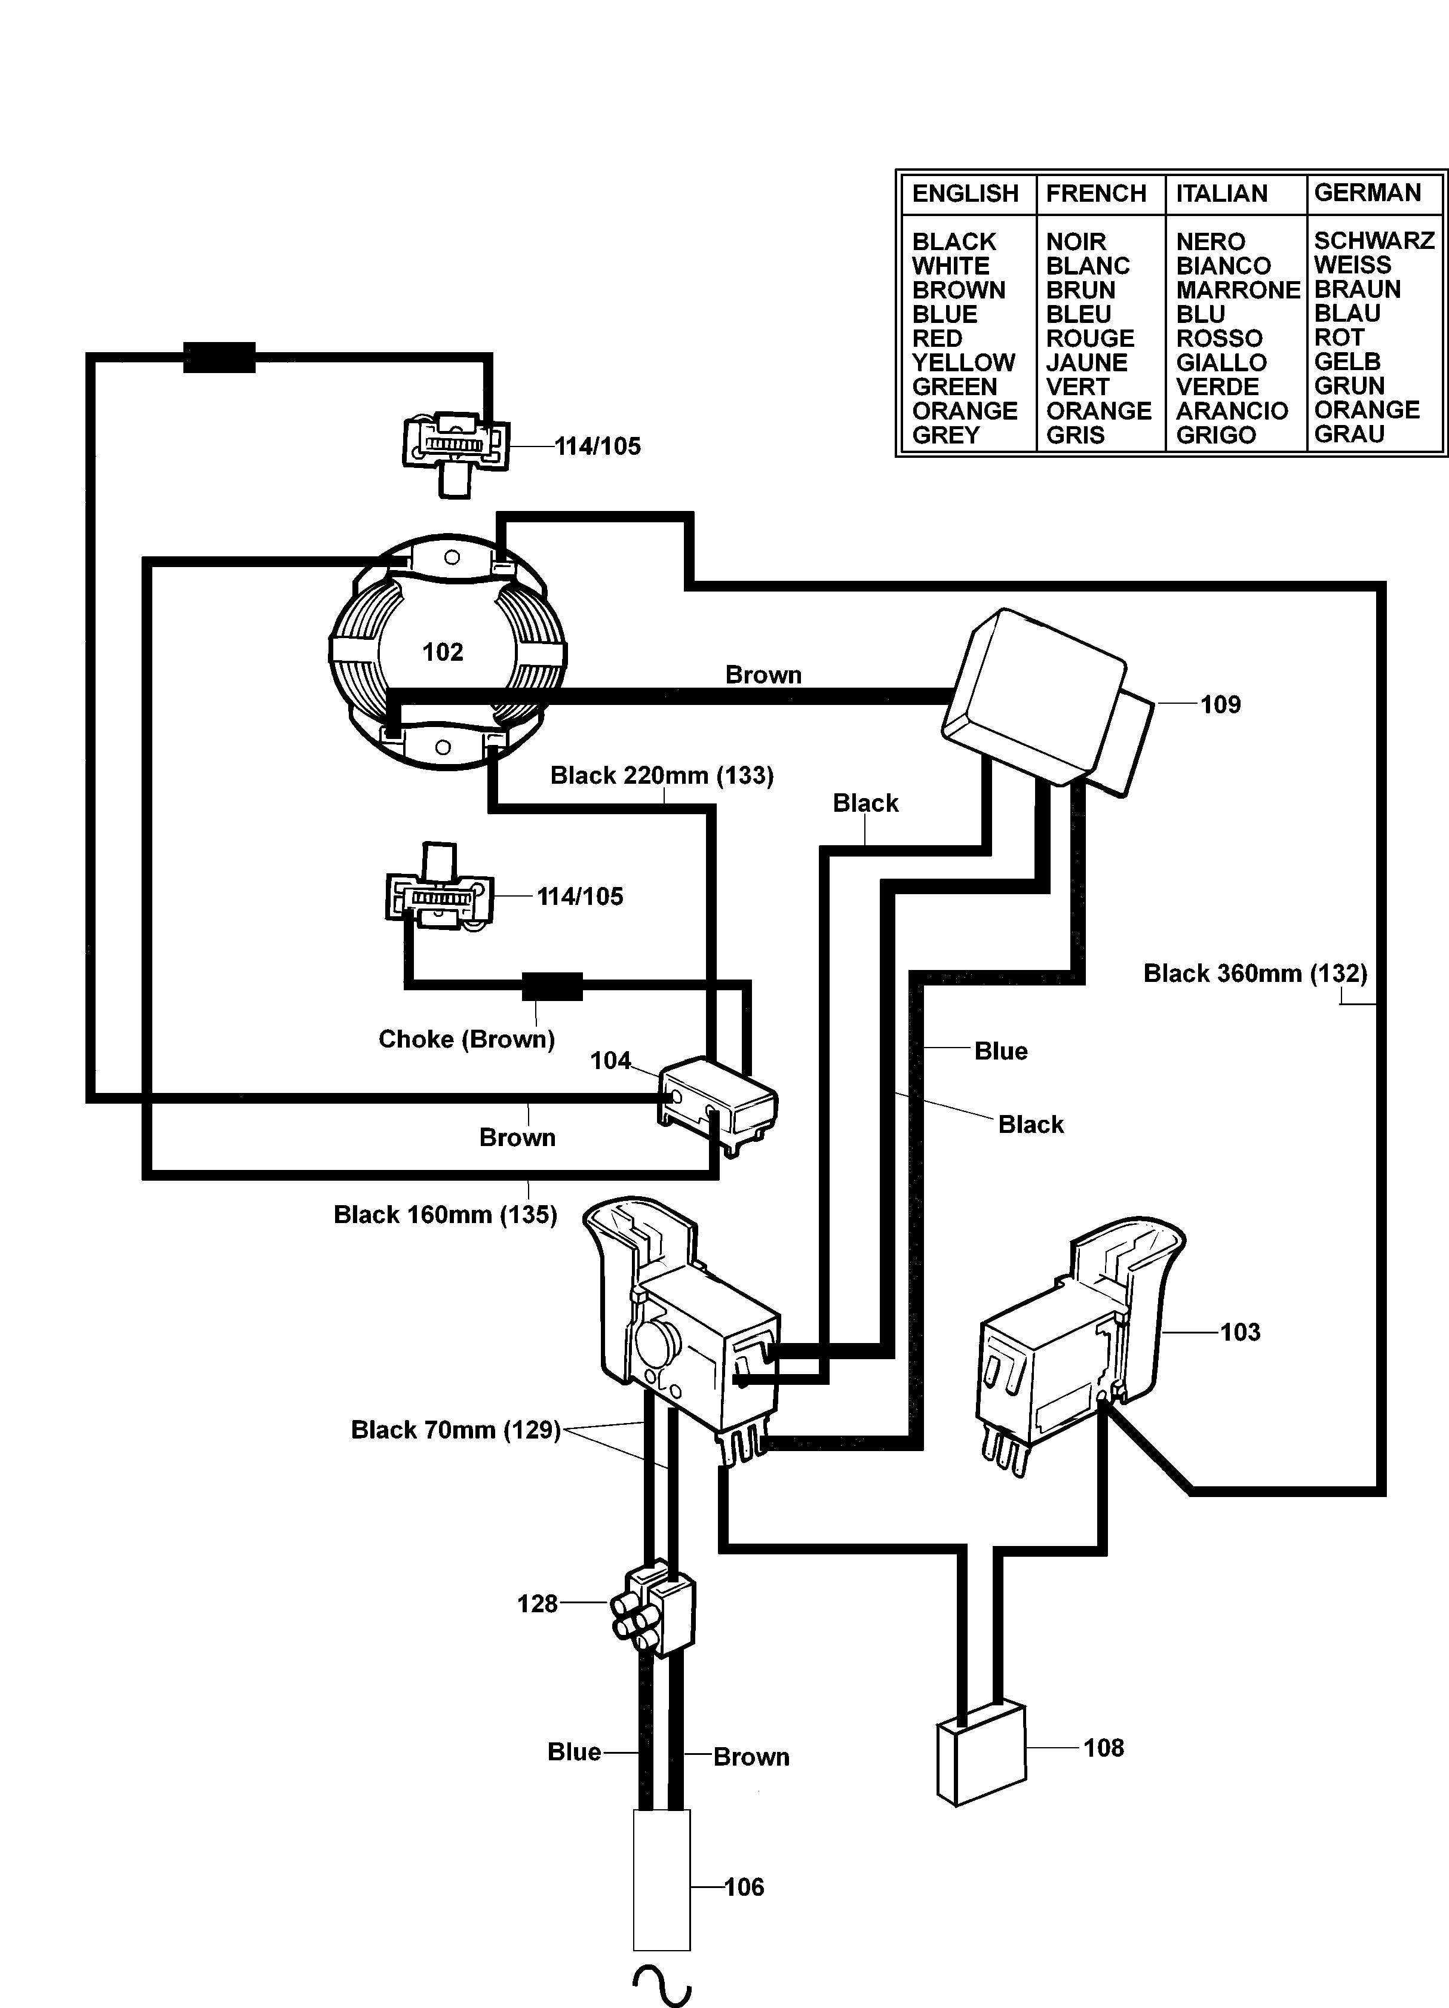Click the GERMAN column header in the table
point(1367,193)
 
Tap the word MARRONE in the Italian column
point(1238,291)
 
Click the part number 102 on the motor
point(442,652)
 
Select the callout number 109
point(1220,705)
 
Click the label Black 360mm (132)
point(1254,974)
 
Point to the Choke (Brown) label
point(466,1039)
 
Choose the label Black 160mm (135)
point(444,1215)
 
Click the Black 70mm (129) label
point(455,1430)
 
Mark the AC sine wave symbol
point(661,1986)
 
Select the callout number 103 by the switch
point(1239,1332)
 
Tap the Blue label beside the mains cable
point(574,1752)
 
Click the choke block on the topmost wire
point(219,357)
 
